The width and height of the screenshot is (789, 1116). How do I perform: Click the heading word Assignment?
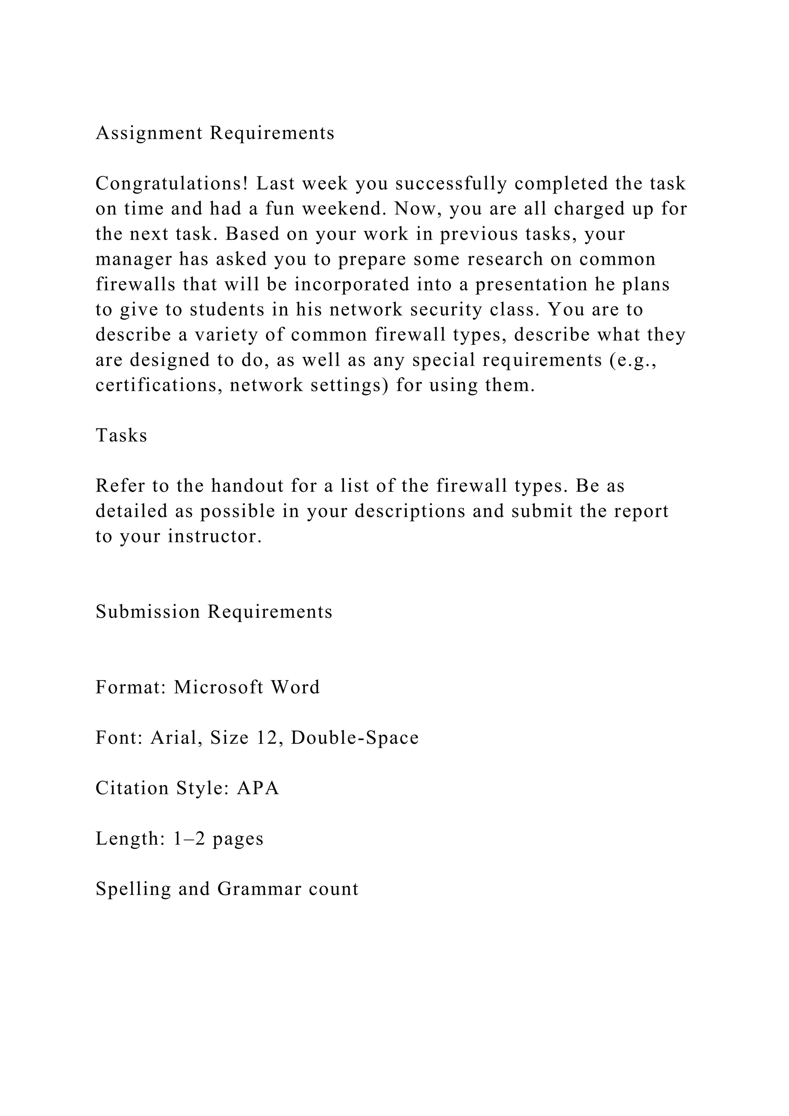click(x=149, y=133)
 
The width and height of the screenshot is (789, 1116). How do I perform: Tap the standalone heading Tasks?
click(x=121, y=435)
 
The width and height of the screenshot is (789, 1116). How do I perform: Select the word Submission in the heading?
click(x=148, y=612)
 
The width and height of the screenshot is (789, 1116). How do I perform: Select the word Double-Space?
click(x=355, y=738)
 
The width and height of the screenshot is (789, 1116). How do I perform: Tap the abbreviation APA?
click(x=258, y=788)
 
